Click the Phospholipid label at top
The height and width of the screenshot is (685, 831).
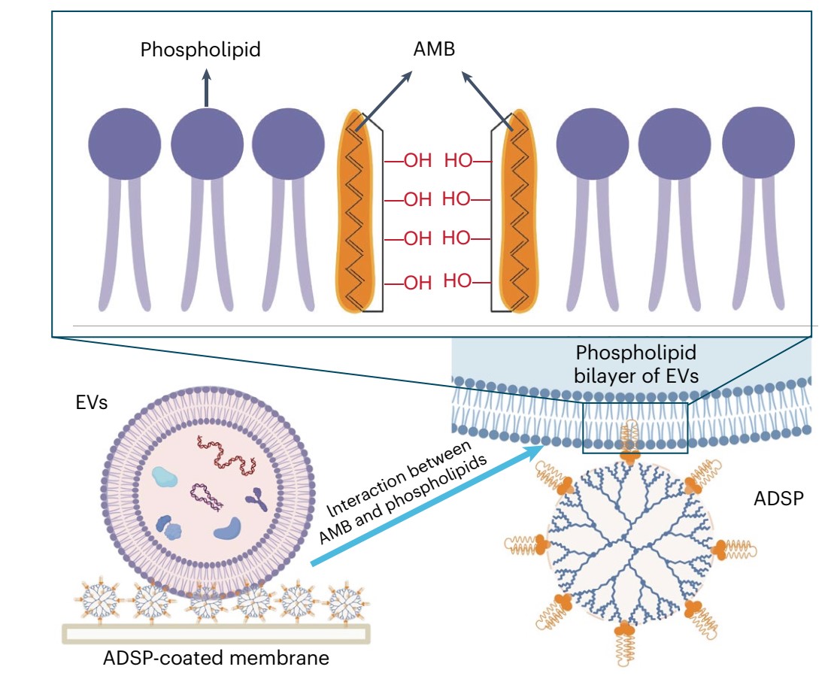[201, 50]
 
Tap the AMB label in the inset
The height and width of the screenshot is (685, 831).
[435, 50]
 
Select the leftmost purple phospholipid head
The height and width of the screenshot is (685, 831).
[124, 144]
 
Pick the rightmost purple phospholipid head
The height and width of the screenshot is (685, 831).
[758, 143]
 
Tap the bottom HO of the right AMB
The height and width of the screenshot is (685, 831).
[456, 281]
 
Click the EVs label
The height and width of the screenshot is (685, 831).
[93, 403]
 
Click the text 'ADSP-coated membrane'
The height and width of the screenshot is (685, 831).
[217, 659]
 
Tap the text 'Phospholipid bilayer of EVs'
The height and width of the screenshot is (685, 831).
[635, 365]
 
